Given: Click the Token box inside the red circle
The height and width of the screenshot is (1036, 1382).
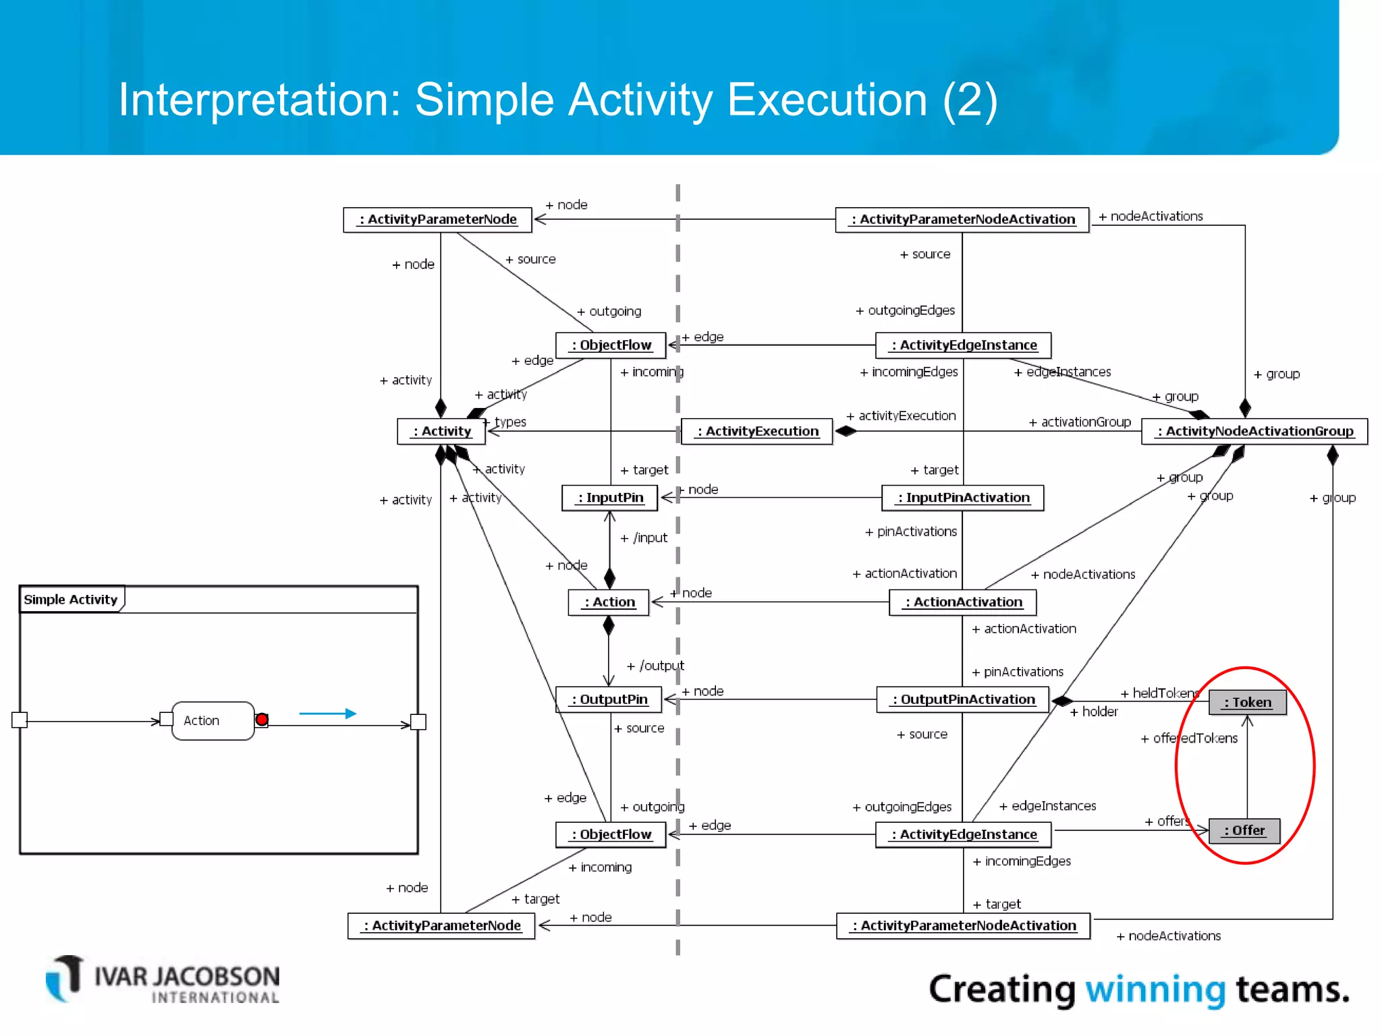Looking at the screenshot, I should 1247,702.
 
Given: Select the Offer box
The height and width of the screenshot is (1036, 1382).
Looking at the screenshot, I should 1244,830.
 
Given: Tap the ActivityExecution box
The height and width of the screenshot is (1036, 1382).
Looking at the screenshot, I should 757,431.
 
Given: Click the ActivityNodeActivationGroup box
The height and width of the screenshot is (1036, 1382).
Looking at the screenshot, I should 1254,431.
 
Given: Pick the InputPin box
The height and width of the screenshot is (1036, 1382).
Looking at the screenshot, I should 609,498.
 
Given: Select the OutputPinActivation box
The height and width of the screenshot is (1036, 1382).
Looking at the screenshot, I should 962,699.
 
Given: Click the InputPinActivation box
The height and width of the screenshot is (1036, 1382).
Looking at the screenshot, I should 962,498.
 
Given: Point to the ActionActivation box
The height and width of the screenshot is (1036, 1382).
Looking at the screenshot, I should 962,602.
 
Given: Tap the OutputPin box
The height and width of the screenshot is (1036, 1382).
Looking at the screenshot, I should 609,699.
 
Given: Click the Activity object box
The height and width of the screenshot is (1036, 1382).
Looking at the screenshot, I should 441,431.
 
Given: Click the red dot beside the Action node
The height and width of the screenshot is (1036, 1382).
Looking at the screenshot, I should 262,720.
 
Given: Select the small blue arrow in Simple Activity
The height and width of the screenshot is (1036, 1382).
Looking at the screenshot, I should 328,713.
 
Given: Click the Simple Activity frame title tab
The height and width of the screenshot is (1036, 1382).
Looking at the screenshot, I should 71,599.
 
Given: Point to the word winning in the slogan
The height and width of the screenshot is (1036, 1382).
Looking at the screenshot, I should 1155,989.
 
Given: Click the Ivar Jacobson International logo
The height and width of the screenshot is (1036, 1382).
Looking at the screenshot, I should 163,980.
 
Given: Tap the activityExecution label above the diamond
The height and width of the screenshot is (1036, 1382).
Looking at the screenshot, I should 902,415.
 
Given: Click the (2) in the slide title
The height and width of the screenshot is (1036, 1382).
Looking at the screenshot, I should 969,100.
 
